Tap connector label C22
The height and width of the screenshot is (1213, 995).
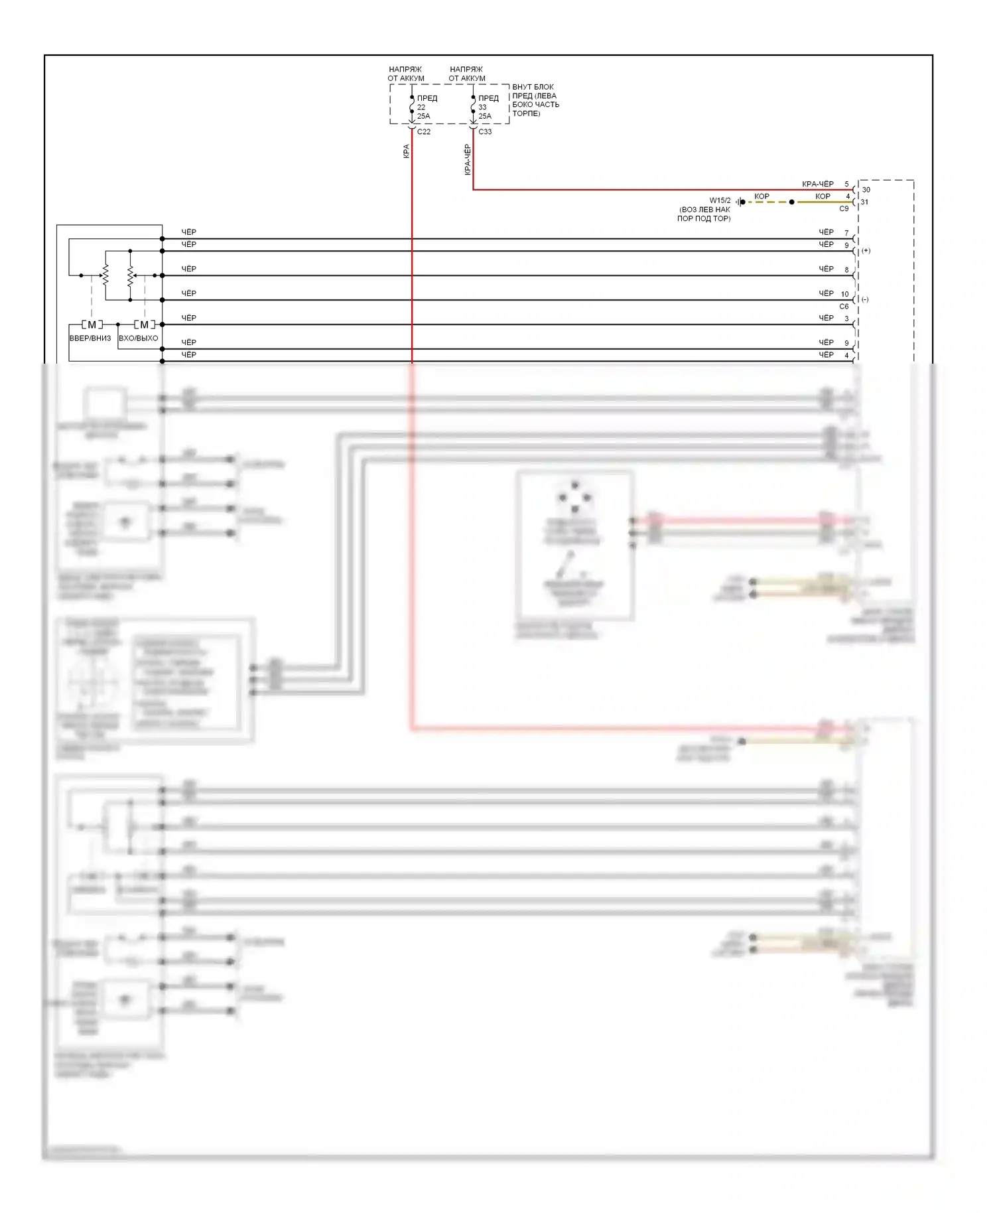tap(424, 131)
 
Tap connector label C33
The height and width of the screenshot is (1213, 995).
tap(486, 131)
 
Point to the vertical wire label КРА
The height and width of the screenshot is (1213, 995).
tap(406, 151)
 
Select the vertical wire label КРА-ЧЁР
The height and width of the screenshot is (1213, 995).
tap(468, 160)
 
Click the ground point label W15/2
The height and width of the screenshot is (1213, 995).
tap(720, 200)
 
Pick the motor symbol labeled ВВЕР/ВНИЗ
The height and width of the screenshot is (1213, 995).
tap(92, 324)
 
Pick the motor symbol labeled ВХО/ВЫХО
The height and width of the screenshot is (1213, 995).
tap(144, 324)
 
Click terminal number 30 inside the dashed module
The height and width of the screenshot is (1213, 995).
tap(866, 190)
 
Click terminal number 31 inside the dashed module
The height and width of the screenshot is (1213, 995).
tap(864, 202)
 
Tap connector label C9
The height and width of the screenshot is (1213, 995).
tap(844, 208)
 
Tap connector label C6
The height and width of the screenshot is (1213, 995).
tap(844, 307)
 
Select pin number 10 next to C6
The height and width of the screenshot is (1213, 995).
tap(844, 294)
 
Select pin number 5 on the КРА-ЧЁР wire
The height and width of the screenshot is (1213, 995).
tap(846, 184)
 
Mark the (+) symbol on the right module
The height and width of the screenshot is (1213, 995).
tap(866, 251)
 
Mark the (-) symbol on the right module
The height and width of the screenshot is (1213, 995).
tap(865, 299)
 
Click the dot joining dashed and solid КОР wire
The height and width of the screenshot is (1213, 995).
tap(791, 202)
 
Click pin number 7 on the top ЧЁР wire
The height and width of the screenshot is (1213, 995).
tap(846, 233)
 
